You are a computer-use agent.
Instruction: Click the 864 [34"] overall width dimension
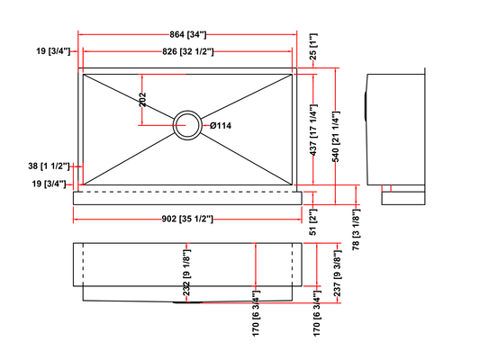(188, 34)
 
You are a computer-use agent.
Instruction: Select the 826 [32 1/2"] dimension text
(188, 51)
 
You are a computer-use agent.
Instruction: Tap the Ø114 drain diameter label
(221, 125)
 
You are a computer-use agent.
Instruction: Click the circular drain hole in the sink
(187, 125)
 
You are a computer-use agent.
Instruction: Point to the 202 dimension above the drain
(142, 99)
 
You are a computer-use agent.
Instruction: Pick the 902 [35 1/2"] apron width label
(187, 219)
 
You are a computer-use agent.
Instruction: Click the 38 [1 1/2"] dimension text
(49, 166)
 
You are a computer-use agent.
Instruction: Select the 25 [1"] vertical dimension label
(313, 47)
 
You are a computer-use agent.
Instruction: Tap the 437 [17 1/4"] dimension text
(313, 130)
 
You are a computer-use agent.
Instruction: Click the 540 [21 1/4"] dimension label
(336, 137)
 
